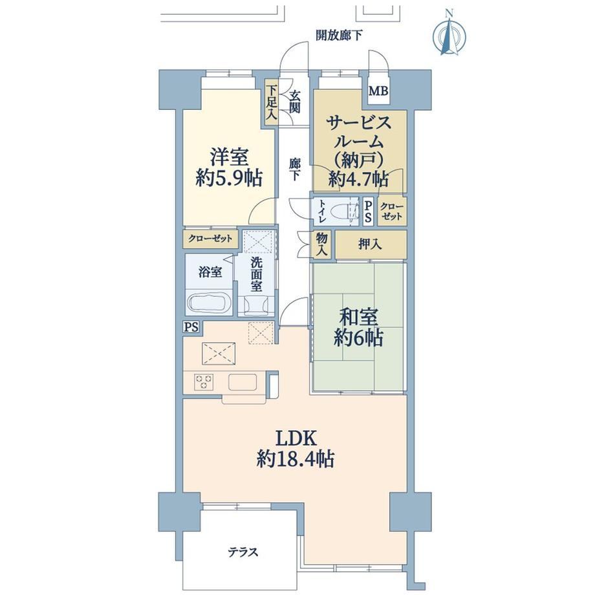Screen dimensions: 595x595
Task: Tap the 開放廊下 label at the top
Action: pyautogui.click(x=340, y=36)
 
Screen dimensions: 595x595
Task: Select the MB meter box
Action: pyautogui.click(x=379, y=91)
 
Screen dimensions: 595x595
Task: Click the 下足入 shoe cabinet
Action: pyautogui.click(x=271, y=102)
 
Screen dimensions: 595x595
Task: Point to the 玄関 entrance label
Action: pyautogui.click(x=294, y=102)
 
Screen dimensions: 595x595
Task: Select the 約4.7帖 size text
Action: pyautogui.click(x=358, y=178)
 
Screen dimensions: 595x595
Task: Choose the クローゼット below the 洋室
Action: pyautogui.click(x=210, y=239)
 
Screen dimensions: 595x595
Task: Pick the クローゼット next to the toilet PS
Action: pyautogui.click(x=392, y=211)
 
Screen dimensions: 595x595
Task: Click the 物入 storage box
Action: pyautogui.click(x=322, y=244)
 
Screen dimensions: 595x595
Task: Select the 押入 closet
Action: pyautogui.click(x=371, y=244)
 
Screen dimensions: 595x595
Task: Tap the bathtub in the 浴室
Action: pyautogui.click(x=210, y=303)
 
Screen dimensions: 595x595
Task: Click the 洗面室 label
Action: pyautogui.click(x=256, y=274)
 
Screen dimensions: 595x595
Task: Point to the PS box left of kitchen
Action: pyautogui.click(x=191, y=327)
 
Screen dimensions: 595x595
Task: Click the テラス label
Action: pyautogui.click(x=243, y=552)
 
